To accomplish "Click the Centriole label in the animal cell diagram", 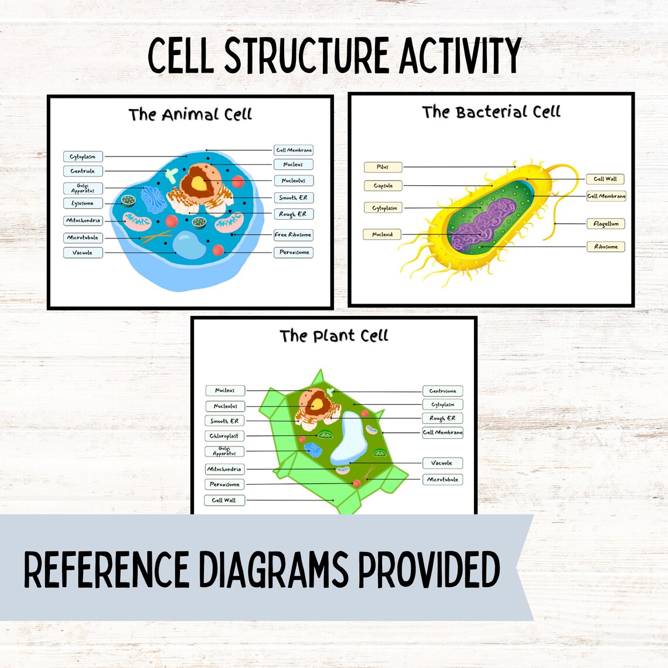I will point(83,171).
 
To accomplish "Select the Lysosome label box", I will point(83,203).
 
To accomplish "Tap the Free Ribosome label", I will point(293,234).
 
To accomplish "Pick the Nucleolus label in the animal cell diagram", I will point(293,180).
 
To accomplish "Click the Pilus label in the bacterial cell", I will point(383,167).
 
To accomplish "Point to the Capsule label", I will point(383,186).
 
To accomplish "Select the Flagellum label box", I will point(606,224).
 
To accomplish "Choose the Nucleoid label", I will point(382,234).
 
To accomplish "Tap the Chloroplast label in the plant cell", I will point(224,436).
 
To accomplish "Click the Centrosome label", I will point(442,391).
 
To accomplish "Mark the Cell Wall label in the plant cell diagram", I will point(224,500).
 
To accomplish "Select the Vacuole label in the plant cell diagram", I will point(442,463).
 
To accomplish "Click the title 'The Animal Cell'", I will point(190,114).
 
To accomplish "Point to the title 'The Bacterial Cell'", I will point(491,112).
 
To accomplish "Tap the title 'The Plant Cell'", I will point(333,336).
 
